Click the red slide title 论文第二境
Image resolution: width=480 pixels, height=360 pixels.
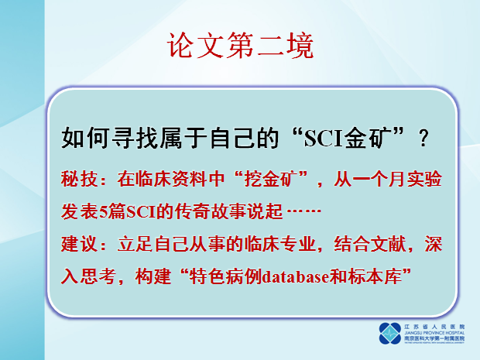[241, 46]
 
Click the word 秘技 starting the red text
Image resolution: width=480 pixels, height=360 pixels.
[75, 180]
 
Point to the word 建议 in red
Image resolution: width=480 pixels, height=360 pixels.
[75, 245]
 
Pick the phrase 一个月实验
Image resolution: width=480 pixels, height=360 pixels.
[398, 180]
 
